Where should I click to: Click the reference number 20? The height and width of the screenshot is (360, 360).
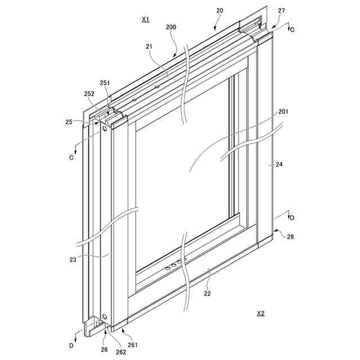click(x=219, y=11)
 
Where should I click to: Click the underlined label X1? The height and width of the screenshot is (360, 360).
click(x=145, y=19)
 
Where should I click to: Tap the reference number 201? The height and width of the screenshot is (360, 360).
click(x=283, y=112)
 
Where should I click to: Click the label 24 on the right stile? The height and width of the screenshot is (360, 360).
click(x=279, y=165)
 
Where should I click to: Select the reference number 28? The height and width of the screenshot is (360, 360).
click(x=290, y=237)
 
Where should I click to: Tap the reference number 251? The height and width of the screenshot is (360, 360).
click(x=105, y=83)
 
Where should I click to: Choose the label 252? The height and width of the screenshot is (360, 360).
click(x=89, y=94)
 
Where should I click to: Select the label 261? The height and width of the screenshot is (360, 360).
click(x=133, y=345)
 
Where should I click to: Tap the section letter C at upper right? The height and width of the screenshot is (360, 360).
click(x=291, y=30)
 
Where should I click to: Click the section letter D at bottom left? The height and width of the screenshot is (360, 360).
click(x=71, y=345)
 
